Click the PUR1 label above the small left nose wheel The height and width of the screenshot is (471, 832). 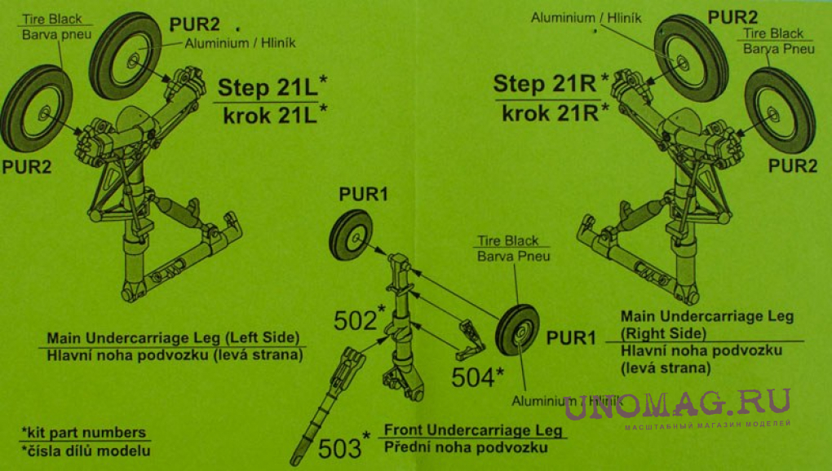[x=364, y=195]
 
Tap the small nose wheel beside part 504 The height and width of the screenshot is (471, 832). [x=517, y=330]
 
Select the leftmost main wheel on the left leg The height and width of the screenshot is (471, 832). [x=36, y=108]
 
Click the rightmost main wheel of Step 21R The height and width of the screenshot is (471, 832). [x=780, y=110]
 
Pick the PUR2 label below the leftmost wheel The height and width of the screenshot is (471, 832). [x=27, y=167]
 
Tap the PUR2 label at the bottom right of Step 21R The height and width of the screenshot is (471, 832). [x=793, y=166]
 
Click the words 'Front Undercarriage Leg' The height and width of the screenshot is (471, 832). [x=473, y=429]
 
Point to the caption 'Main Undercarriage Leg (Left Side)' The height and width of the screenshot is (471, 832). [x=173, y=338]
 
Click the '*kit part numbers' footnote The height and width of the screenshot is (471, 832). [x=84, y=433]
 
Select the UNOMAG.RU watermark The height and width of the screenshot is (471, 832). [x=677, y=404]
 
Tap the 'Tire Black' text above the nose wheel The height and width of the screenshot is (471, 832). [x=508, y=240]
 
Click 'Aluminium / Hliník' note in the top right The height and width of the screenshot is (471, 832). [x=586, y=18]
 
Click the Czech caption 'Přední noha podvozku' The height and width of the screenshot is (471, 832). [x=466, y=447]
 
